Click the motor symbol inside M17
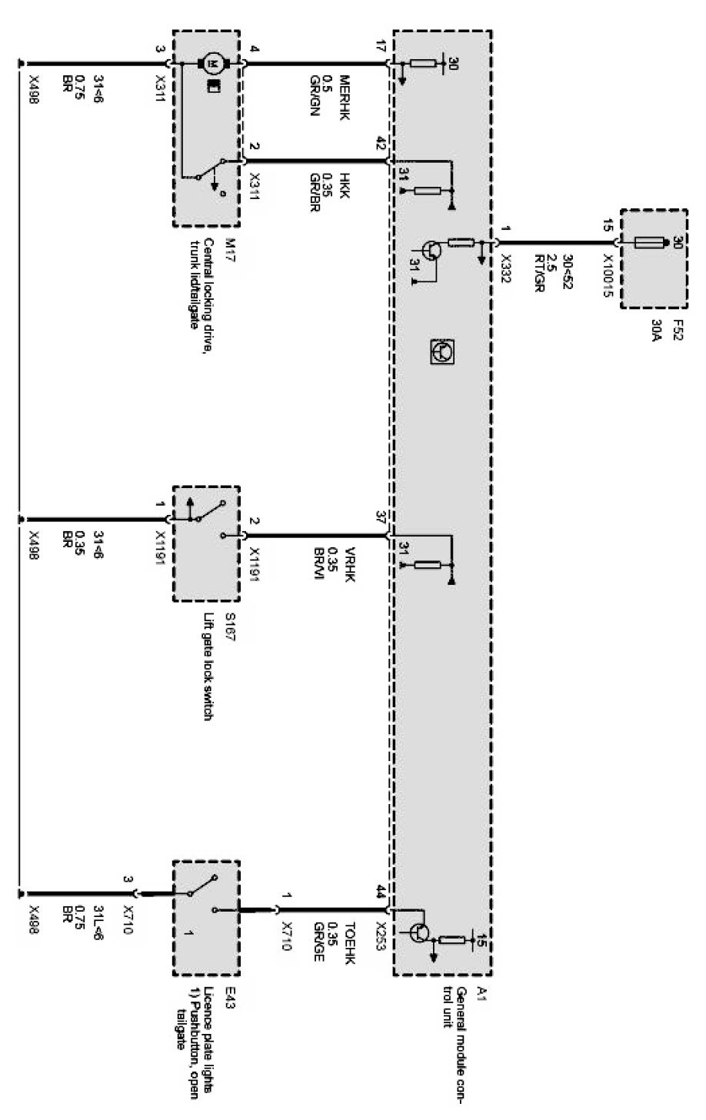(x=210, y=61)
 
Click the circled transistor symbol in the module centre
(x=441, y=351)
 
